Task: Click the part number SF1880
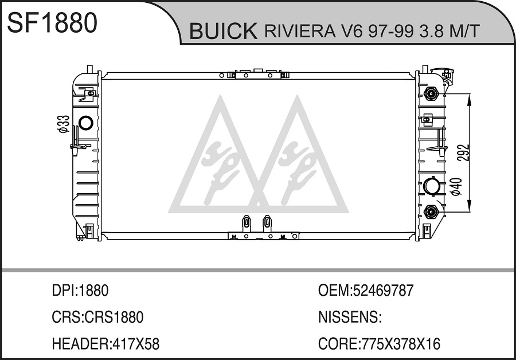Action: (52, 22)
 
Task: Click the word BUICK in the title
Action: (223, 31)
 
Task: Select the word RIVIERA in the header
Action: (299, 31)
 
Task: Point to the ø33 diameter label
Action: (64, 124)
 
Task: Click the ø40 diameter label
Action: (456, 186)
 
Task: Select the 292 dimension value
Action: (463, 152)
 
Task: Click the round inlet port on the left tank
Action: (86, 123)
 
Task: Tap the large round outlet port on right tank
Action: (431, 186)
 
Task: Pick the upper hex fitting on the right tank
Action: (431, 95)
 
